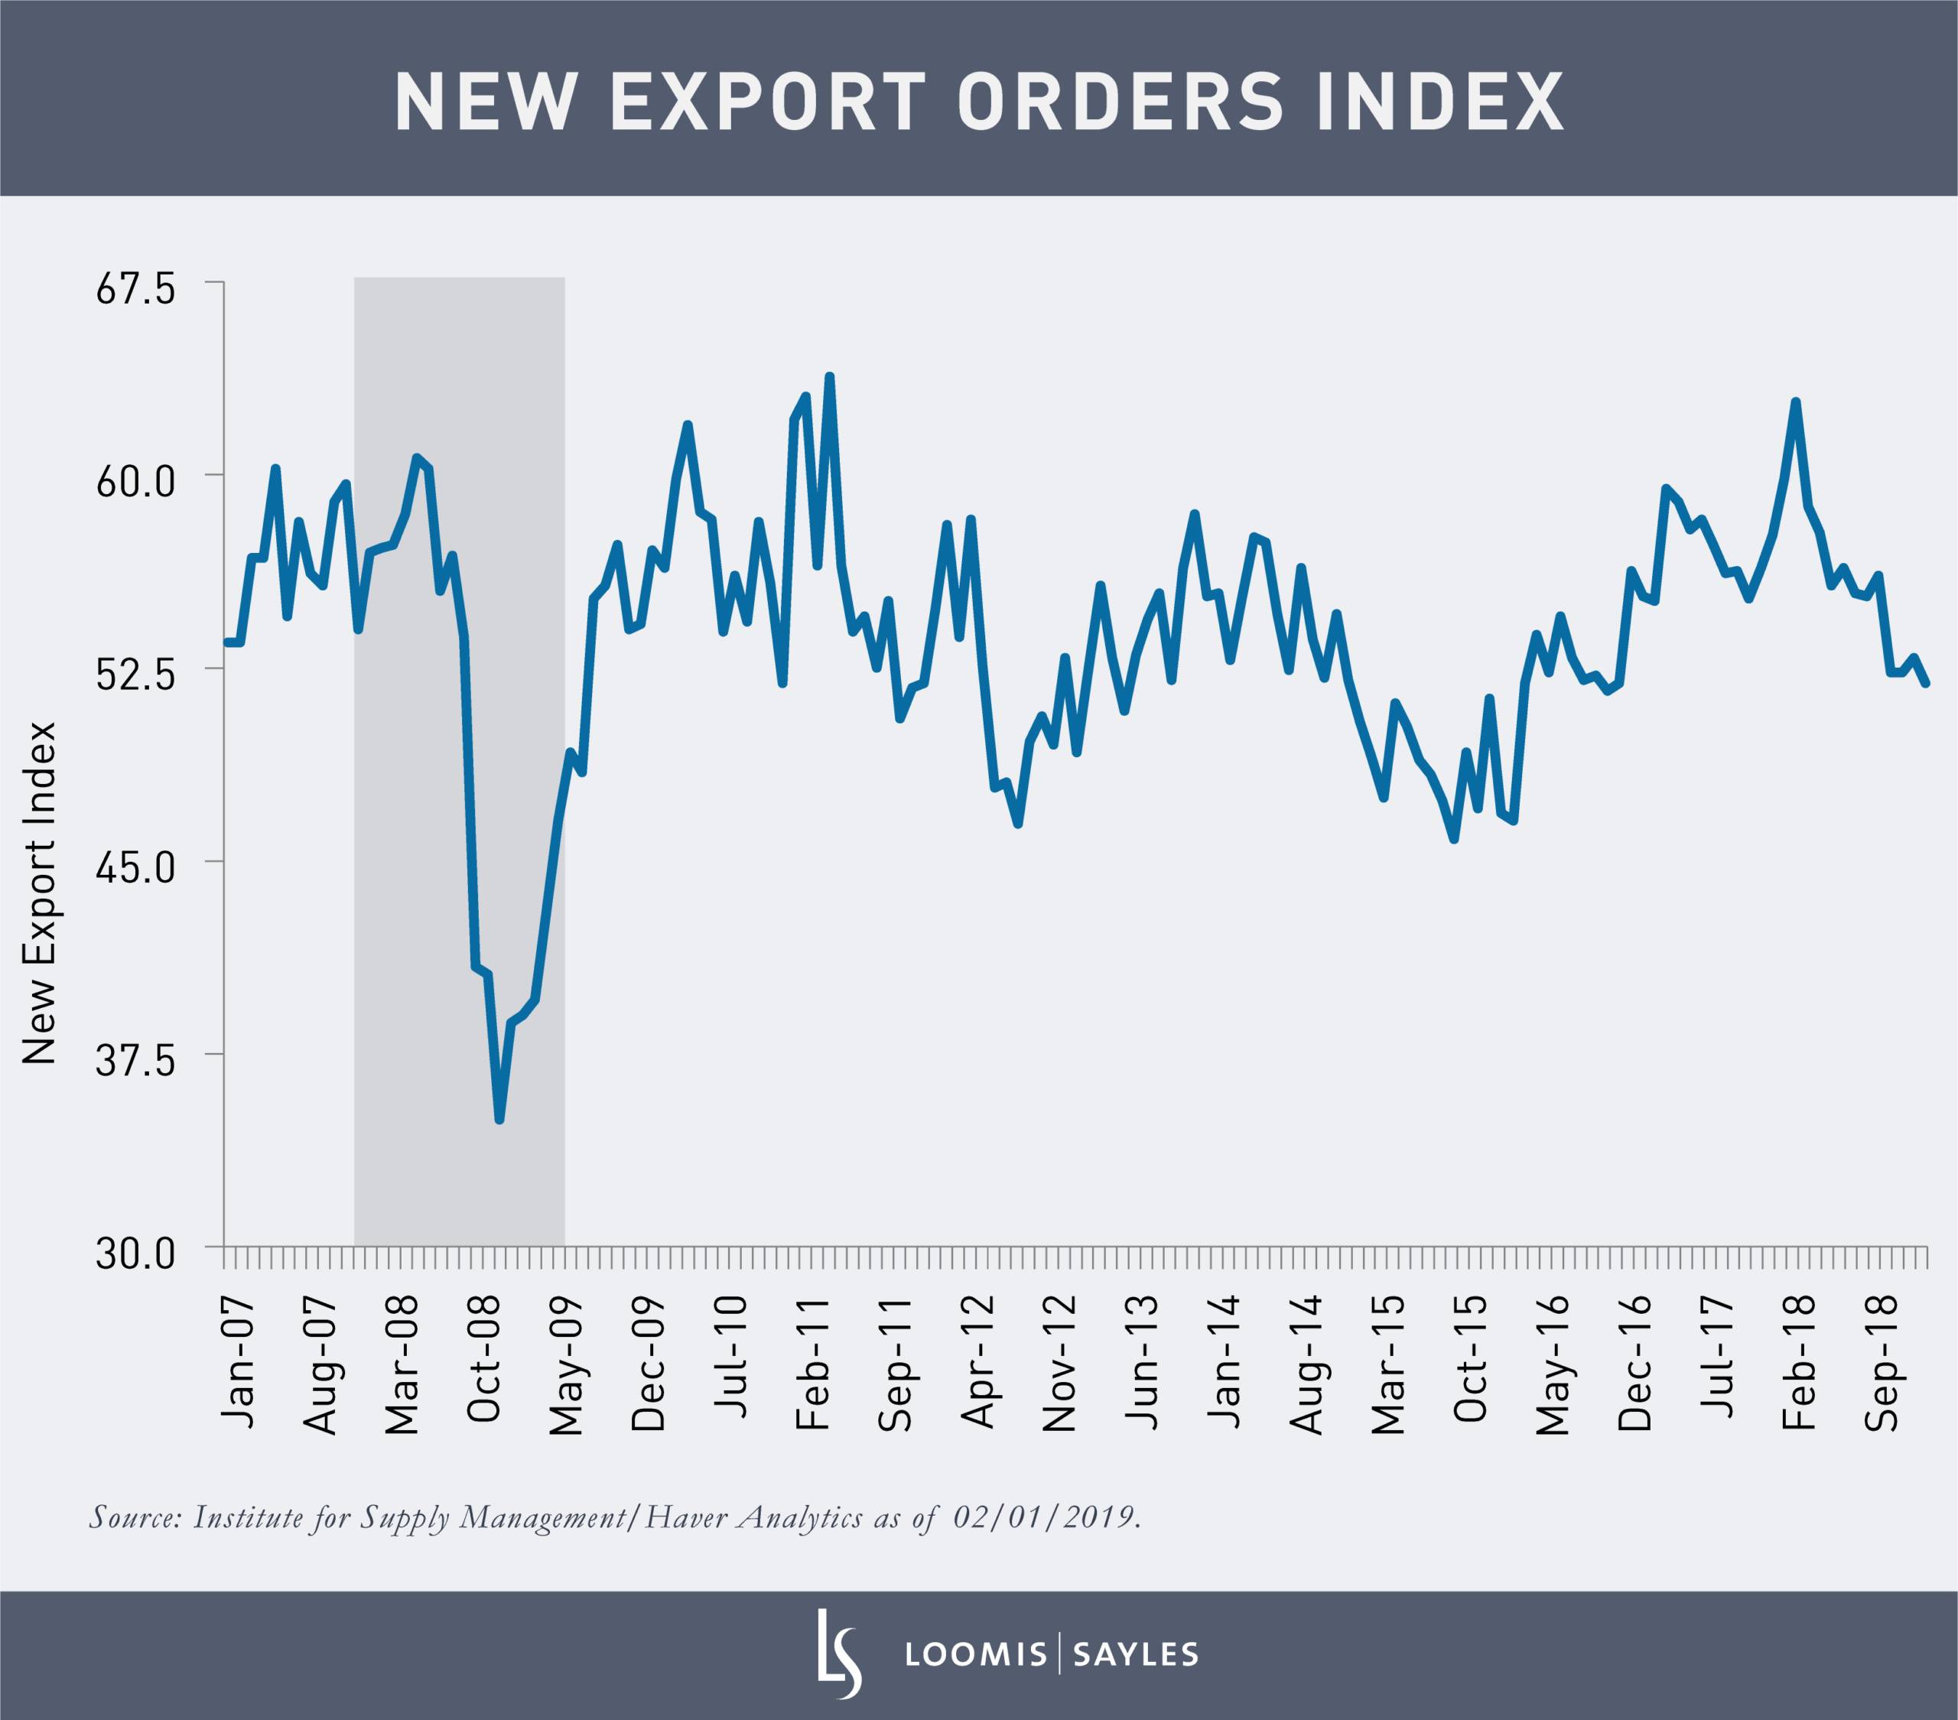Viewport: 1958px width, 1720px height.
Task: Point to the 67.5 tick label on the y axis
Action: pos(135,288)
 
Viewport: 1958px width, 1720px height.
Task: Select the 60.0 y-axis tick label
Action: pos(135,481)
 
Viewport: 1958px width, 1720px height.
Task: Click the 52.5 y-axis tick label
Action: pos(135,673)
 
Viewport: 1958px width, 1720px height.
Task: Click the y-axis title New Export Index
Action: pos(41,893)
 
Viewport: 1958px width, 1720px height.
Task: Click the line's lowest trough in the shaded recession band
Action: pos(499,1119)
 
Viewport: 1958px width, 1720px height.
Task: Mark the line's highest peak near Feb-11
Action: pos(830,376)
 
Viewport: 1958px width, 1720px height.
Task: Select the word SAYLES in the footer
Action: pos(1136,1655)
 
